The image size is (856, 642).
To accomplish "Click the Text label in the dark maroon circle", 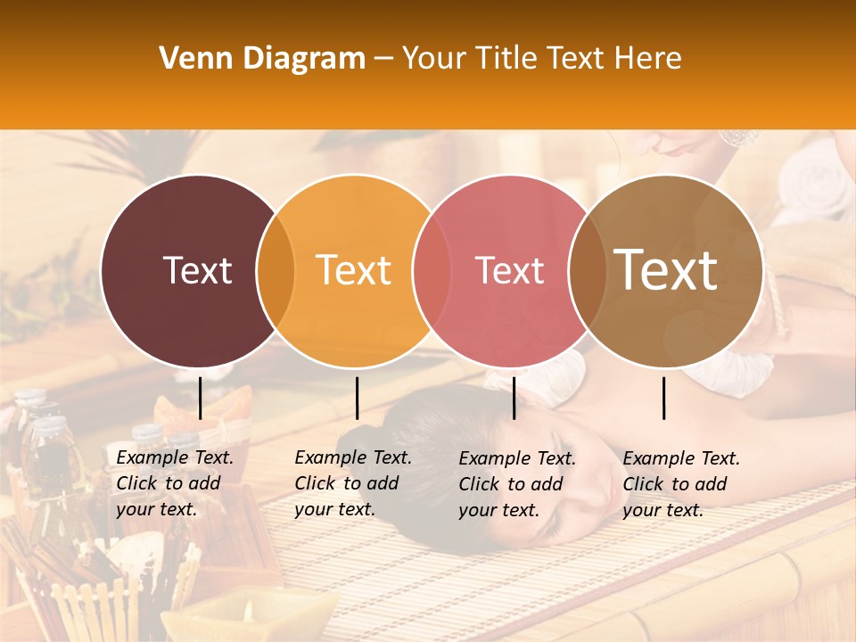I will [x=197, y=270].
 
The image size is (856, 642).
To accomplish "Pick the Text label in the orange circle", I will [x=353, y=270].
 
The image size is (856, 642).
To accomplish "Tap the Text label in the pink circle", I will [x=509, y=270].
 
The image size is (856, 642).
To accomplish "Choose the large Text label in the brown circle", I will [x=665, y=270].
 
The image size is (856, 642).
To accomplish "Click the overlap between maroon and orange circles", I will [x=276, y=270].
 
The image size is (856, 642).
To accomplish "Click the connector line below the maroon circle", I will [x=201, y=398].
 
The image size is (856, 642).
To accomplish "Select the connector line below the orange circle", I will [x=357, y=398].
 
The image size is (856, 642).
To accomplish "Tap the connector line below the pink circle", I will [x=514, y=398].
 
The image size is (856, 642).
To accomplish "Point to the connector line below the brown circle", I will [x=664, y=398].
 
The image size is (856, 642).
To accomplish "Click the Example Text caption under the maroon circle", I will [x=175, y=483].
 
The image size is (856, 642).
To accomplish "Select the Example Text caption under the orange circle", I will [x=353, y=483].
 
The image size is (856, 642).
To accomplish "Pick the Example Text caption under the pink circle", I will [x=517, y=483].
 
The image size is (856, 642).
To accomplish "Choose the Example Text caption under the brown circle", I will [x=681, y=483].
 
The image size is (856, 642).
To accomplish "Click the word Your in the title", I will [x=434, y=59].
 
